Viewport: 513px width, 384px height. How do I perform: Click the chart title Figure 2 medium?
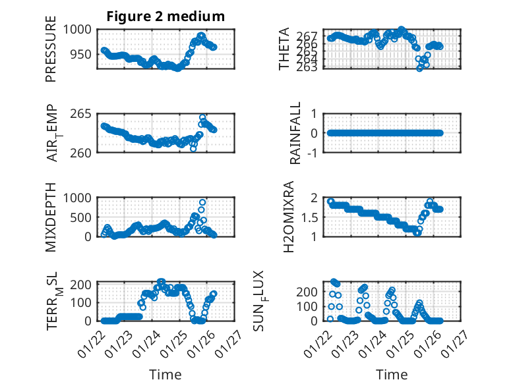coord(166,16)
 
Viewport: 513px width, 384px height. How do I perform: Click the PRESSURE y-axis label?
coord(51,55)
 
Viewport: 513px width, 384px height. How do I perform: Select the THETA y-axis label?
coord(284,49)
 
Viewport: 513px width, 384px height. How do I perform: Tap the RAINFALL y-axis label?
coord(296,133)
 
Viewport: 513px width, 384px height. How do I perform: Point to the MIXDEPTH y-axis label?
coord(51,218)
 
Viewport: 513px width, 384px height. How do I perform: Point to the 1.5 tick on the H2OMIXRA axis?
coord(313,217)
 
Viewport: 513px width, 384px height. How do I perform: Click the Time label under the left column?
coord(166,374)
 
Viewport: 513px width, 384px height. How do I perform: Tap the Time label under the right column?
coord(392,374)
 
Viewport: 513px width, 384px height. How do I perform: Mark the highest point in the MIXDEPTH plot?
coord(202,202)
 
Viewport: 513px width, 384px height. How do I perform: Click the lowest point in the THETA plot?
coord(420,68)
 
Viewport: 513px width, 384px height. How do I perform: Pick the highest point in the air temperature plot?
coord(202,118)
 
